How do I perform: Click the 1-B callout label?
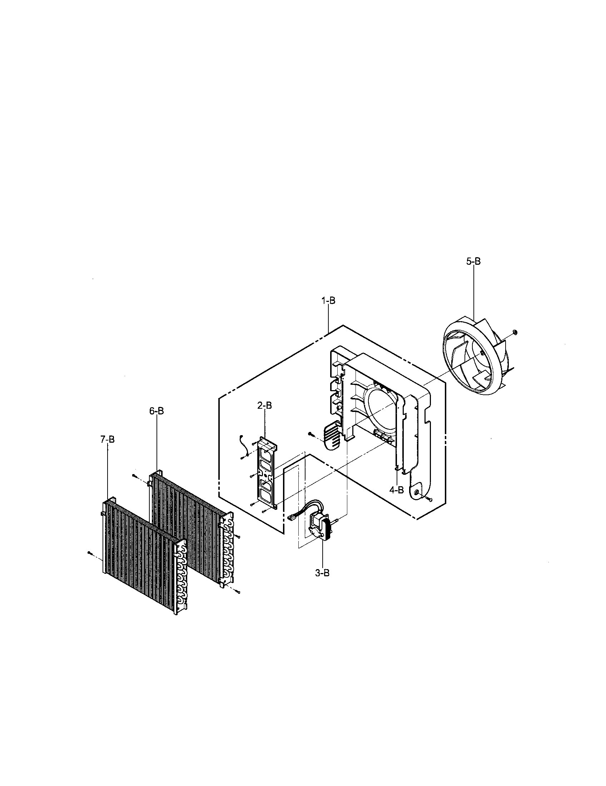pyautogui.click(x=328, y=301)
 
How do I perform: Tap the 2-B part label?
pyautogui.click(x=264, y=406)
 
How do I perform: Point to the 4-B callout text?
pyautogui.click(x=396, y=490)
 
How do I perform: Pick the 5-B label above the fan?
pyautogui.click(x=473, y=262)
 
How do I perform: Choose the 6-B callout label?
pyautogui.click(x=157, y=411)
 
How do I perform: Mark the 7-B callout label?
pyautogui.click(x=107, y=439)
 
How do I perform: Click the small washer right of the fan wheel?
pyautogui.click(x=515, y=331)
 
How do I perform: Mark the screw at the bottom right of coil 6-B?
pyautogui.click(x=238, y=592)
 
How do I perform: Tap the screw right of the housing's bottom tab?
pyautogui.click(x=430, y=499)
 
